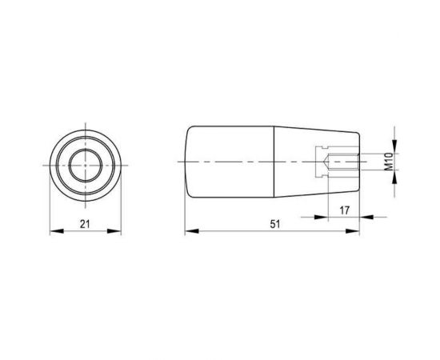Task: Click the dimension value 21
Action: [85, 224]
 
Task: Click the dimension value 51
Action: [275, 224]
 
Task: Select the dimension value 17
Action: [344, 210]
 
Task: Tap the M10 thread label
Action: [389, 162]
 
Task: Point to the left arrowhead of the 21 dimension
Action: [57, 231]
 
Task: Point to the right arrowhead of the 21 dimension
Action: [114, 231]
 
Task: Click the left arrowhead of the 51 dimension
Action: [192, 231]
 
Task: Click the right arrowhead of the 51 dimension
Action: [353, 231]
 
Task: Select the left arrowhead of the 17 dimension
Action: [322, 217]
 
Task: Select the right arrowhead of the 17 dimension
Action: [366, 217]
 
